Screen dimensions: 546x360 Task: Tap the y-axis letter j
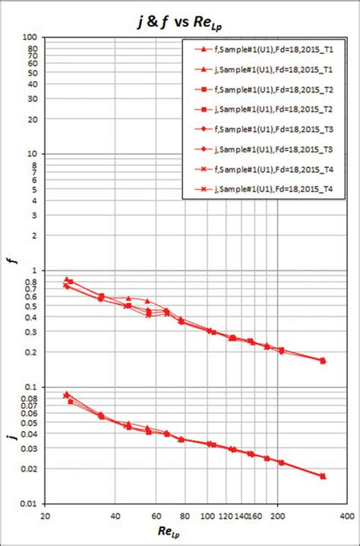[9, 438]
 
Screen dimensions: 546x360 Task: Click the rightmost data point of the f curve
[323, 361]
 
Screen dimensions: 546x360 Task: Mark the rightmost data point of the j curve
[323, 476]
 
